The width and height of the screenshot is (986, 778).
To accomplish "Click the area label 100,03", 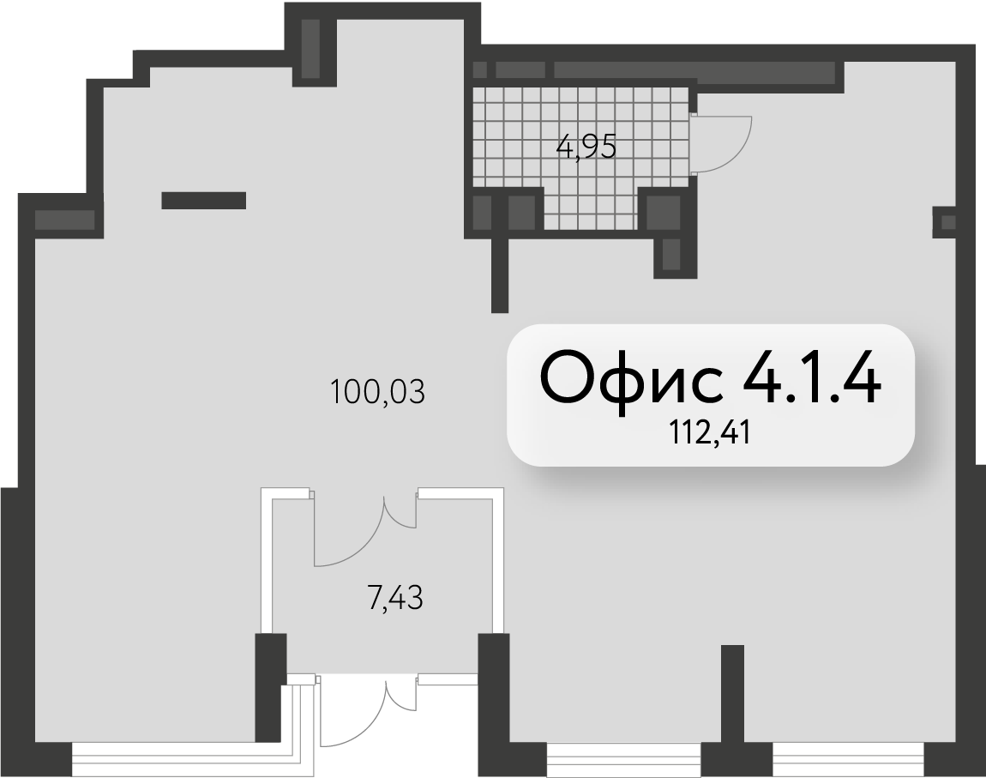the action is pyautogui.click(x=377, y=392).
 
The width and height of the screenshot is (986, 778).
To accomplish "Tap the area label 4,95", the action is pyautogui.click(x=586, y=148).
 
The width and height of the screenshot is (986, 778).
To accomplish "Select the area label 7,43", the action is pyautogui.click(x=394, y=598).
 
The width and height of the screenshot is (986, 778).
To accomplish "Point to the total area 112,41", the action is pyautogui.click(x=710, y=433).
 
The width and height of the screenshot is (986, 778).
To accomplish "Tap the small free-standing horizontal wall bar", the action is pyautogui.click(x=204, y=200).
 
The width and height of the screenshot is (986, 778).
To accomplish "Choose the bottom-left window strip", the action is pyautogui.click(x=183, y=760).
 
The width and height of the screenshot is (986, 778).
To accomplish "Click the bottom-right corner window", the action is pyautogui.click(x=849, y=760).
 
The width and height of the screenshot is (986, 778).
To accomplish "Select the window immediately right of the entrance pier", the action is pyautogui.click(x=623, y=760).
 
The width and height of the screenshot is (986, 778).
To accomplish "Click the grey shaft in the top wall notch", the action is pyautogui.click(x=310, y=49).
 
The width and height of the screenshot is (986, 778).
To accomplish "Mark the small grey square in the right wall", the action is pyautogui.click(x=948, y=222).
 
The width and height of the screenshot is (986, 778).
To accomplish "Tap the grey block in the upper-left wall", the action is pyautogui.click(x=64, y=220).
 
